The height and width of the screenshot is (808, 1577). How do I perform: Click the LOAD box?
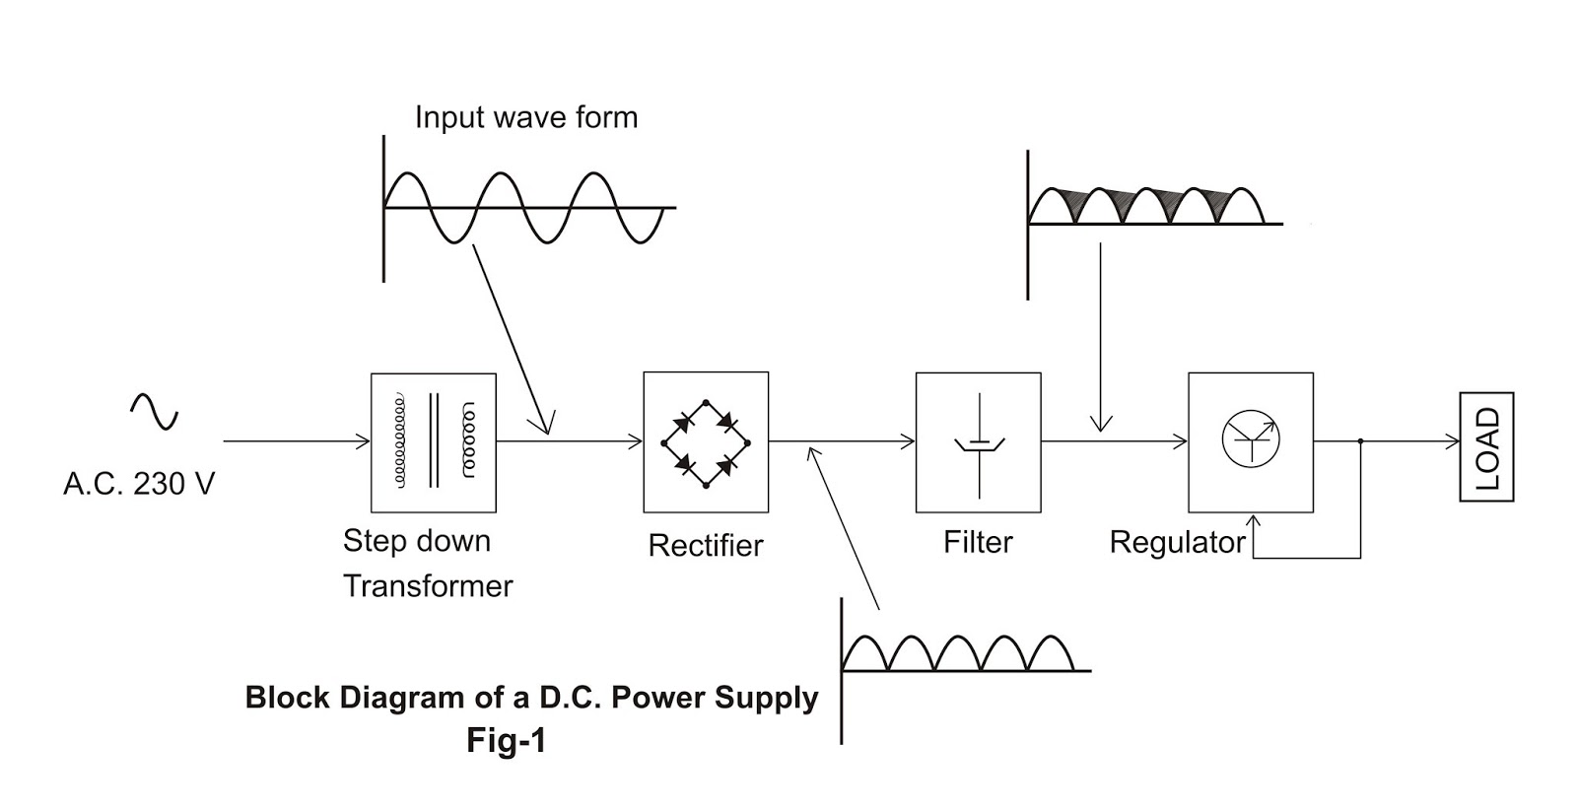coord(1486,446)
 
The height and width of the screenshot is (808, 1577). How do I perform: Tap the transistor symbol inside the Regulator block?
coord(1251,439)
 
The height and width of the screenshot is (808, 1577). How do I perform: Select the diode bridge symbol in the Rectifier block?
coord(706,442)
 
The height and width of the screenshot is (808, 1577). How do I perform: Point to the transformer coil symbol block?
coord(434,442)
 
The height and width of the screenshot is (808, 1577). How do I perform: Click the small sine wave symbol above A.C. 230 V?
coord(155,411)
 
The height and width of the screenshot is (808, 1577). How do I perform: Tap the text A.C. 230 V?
coord(139,484)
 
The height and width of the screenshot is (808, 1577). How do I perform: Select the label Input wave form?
coord(526,117)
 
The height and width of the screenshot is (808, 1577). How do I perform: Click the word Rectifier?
coord(706,545)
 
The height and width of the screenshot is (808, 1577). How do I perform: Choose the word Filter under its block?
coord(978,542)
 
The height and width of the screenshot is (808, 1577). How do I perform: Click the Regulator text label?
coord(1177,542)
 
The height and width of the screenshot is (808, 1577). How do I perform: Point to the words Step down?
coord(416,540)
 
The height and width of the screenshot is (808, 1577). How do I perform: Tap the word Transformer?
coord(428,585)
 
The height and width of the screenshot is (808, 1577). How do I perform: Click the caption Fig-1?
coord(507,740)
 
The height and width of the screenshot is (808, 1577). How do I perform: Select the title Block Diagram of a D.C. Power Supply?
coord(531,698)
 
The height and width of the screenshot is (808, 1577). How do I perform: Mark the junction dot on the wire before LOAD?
coord(1360,441)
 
